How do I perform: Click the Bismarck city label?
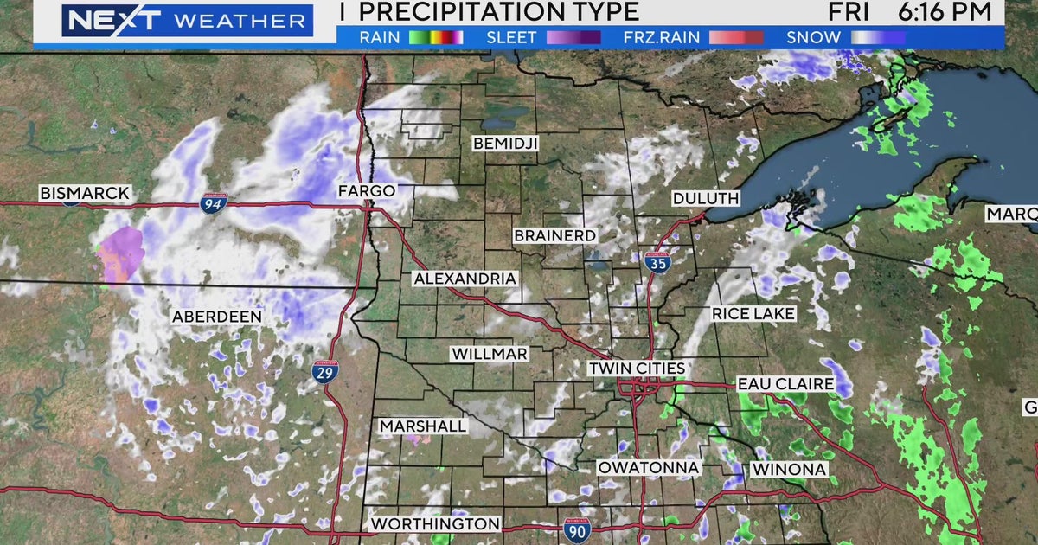[85, 193]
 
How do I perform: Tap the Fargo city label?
[366, 190]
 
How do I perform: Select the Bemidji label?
[505, 144]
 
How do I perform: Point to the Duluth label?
[706, 198]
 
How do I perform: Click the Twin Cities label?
[637, 369]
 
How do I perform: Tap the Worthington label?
[435, 524]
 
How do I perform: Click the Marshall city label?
[423, 426]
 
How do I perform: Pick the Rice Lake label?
[753, 314]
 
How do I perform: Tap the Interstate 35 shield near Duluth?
[657, 263]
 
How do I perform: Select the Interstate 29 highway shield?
[325, 373]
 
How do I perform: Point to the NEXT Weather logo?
[185, 21]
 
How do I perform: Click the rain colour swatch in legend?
[436, 37]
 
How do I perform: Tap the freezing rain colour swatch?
[736, 37]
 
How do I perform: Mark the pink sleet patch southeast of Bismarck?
[120, 255]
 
